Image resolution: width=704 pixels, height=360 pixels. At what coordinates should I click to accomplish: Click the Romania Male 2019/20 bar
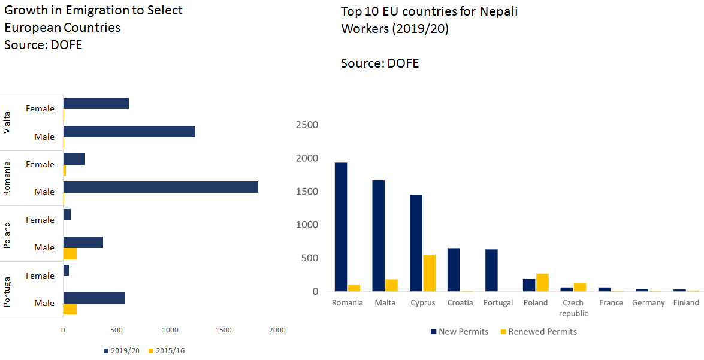point(161,187)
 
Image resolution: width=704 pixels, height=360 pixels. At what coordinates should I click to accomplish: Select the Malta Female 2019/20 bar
point(96,104)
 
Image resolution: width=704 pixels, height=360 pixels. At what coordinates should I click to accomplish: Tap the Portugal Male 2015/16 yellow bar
point(70,309)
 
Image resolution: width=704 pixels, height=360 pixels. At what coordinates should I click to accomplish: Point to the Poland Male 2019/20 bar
point(83,242)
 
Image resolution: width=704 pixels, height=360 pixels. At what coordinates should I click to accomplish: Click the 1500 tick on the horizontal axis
point(223,330)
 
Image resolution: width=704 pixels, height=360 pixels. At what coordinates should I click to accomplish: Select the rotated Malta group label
point(7,123)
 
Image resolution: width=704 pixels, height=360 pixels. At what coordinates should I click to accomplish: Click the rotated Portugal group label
point(7,289)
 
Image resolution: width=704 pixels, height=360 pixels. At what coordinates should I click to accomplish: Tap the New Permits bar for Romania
point(341,227)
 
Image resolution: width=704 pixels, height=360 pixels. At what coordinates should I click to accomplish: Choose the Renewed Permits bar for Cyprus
point(429,273)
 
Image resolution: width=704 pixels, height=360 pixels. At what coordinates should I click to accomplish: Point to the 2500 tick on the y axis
point(307,125)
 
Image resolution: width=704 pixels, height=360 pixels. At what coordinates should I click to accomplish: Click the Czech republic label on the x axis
point(573,308)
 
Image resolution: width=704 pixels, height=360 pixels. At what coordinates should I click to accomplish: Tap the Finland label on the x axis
point(685,302)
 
